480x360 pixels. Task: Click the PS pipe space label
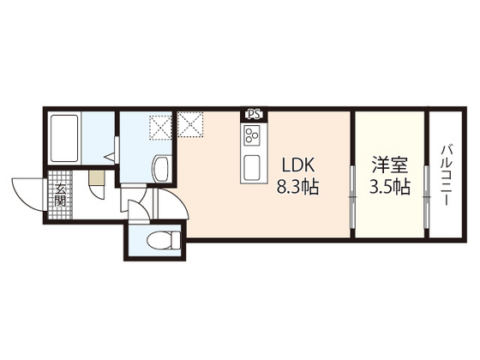click(x=254, y=115)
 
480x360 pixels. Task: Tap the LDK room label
click(x=298, y=166)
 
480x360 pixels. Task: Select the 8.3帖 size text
click(x=298, y=187)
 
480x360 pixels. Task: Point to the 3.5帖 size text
click(x=390, y=187)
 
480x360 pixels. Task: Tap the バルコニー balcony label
click(x=446, y=176)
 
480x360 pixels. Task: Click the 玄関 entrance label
click(x=60, y=195)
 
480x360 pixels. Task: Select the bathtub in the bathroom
click(x=64, y=138)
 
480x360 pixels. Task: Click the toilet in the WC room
click(x=164, y=240)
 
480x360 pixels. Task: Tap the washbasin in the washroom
click(x=161, y=169)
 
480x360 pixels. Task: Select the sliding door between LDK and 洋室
click(x=352, y=196)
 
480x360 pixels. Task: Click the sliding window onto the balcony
click(x=427, y=196)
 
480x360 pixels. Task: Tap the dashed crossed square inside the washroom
click(x=161, y=128)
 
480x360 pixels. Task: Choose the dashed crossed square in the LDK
click(x=190, y=124)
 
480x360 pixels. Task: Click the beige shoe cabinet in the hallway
click(x=97, y=177)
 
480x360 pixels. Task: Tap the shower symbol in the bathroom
click(x=111, y=158)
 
